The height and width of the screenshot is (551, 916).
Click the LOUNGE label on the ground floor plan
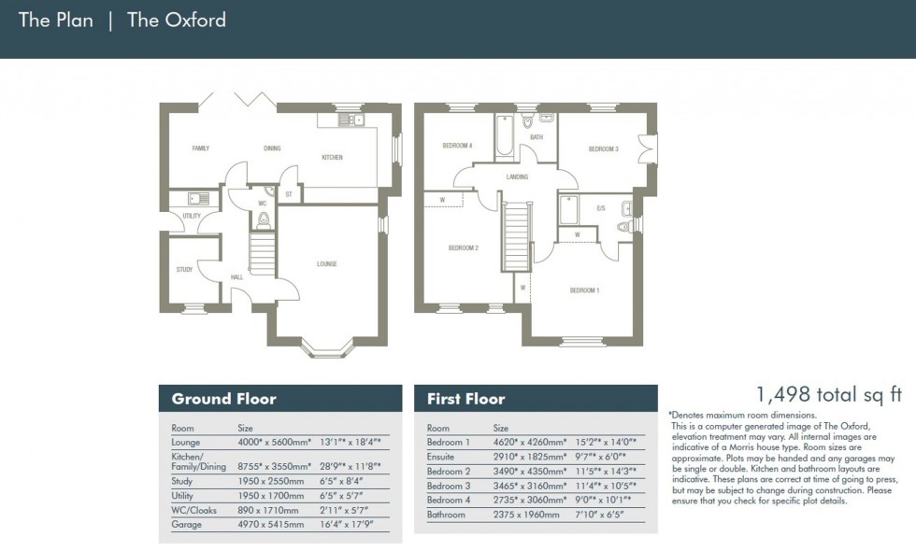326,264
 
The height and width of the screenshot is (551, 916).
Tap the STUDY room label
184,270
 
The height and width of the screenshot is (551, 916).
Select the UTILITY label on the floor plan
192,216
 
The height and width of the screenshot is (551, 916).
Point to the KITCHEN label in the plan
332,158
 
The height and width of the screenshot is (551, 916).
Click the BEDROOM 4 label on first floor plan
457,147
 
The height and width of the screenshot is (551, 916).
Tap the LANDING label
517,177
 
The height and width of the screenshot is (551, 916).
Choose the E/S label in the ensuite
600,208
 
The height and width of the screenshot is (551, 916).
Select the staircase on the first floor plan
517,238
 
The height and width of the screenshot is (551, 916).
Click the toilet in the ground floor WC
265,221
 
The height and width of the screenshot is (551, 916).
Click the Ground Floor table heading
223,399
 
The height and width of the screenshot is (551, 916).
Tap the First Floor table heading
465,399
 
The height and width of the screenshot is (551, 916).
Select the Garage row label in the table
185,525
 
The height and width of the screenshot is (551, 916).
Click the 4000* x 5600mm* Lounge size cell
273,443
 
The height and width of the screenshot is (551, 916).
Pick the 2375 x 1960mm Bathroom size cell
529,515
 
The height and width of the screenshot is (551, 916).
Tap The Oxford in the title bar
176,20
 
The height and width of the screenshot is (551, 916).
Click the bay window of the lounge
326,350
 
